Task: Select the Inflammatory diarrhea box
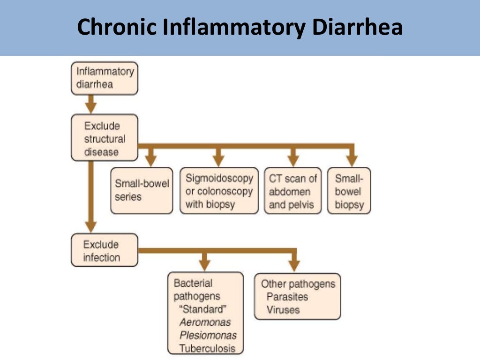point(105,78)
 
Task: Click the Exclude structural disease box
point(105,139)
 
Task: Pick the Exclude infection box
point(105,251)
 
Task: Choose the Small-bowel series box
point(142,190)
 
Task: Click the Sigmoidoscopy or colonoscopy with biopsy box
point(219,191)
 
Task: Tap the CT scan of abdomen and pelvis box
point(293,191)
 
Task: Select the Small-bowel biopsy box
point(349,191)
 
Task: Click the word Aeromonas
point(205,322)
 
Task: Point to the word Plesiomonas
point(208,336)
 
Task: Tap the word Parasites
point(287,297)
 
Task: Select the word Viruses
point(283,309)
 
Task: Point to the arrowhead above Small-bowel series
point(151,160)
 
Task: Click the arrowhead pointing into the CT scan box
point(293,160)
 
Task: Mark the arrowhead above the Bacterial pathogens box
point(204,265)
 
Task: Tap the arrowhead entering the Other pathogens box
point(294,265)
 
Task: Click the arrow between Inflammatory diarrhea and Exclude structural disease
point(91,104)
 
